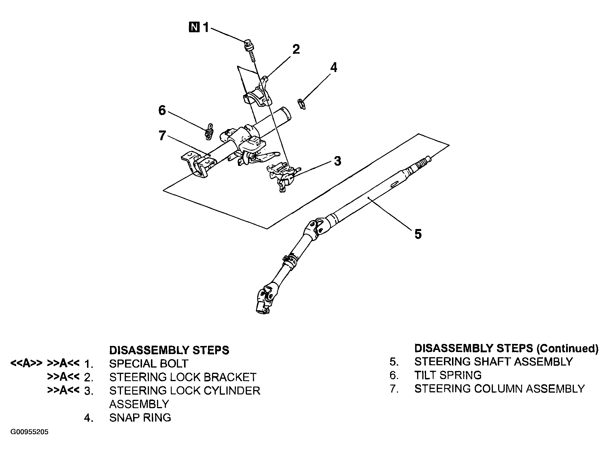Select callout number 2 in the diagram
[296, 50]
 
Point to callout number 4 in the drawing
[333, 67]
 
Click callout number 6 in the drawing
[162, 111]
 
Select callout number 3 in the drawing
[338, 161]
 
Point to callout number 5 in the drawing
[418, 234]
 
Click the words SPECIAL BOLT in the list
[149, 364]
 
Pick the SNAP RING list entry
[140, 417]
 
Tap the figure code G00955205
[29, 440]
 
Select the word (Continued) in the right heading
[567, 349]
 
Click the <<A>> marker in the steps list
[27, 364]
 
